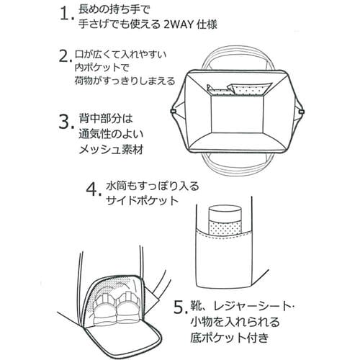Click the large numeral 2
(64, 56)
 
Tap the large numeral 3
(65, 122)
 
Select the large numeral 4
(91, 189)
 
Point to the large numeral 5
(179, 307)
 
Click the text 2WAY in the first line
(179, 24)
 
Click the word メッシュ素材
(111, 150)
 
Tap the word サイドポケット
(142, 201)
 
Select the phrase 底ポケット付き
(230, 338)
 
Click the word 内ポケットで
(102, 68)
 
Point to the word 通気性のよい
(111, 135)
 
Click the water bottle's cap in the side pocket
(225, 213)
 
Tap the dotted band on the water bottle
(225, 228)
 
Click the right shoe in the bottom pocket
(127, 307)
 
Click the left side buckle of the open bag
(172, 111)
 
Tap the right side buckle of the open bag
(302, 112)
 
